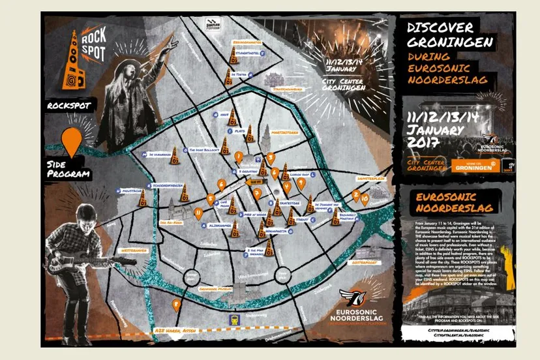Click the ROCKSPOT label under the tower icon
click(68, 105)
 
